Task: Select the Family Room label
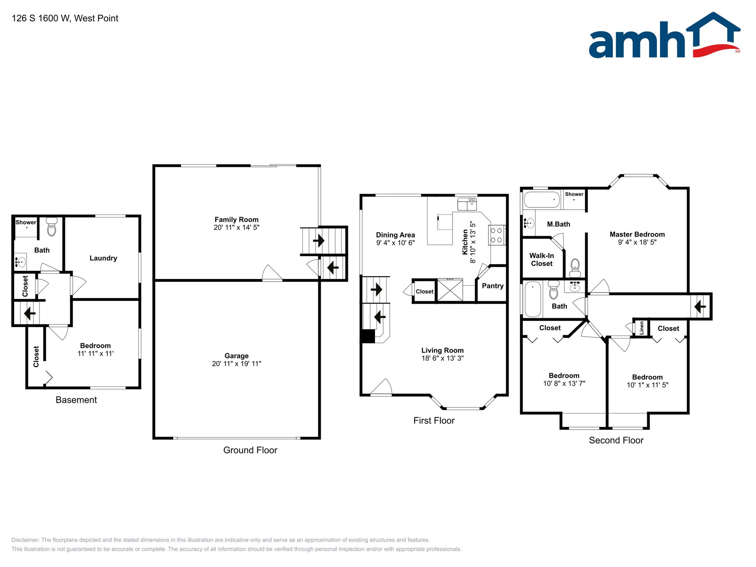236,220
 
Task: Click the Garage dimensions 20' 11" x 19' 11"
236,364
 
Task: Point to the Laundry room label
103,258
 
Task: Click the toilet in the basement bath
52,227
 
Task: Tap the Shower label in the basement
26,222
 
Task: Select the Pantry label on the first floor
492,286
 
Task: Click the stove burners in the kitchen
496,235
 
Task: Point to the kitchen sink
467,204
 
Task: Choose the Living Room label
442,350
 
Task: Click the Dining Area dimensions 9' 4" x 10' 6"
395,243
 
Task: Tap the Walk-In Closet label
542,260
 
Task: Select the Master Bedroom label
637,234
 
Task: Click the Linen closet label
642,328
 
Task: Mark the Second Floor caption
616,440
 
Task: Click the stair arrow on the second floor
700,306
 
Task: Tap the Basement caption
76,400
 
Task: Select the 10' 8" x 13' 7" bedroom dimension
564,384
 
